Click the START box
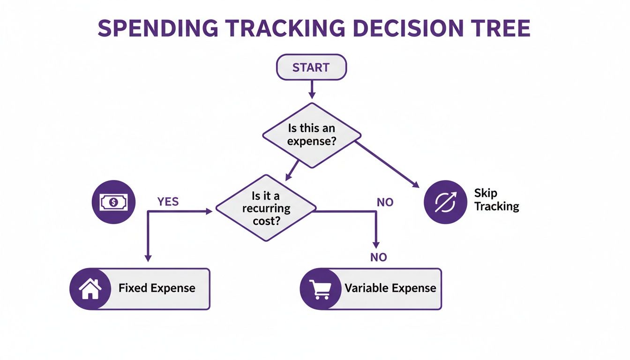311,67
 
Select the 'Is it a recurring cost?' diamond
266,208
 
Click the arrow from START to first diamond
311,89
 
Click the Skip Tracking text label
496,200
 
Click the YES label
168,202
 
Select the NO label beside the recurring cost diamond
385,202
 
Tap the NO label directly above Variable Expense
378,257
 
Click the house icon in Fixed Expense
90,289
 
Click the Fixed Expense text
157,288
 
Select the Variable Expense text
390,288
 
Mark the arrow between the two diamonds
292,170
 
